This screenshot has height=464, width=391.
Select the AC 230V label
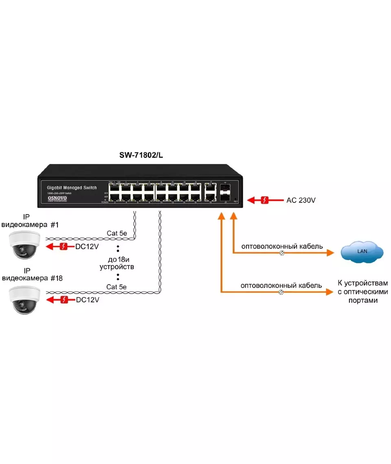click(x=301, y=200)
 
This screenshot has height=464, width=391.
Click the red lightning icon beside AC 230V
click(x=265, y=200)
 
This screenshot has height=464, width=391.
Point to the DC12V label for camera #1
click(x=87, y=247)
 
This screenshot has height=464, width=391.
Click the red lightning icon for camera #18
click(x=64, y=300)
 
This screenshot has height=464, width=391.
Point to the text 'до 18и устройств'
click(x=117, y=263)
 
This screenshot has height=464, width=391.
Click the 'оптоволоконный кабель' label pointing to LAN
click(x=282, y=246)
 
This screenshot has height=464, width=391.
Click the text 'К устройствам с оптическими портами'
click(x=362, y=291)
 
